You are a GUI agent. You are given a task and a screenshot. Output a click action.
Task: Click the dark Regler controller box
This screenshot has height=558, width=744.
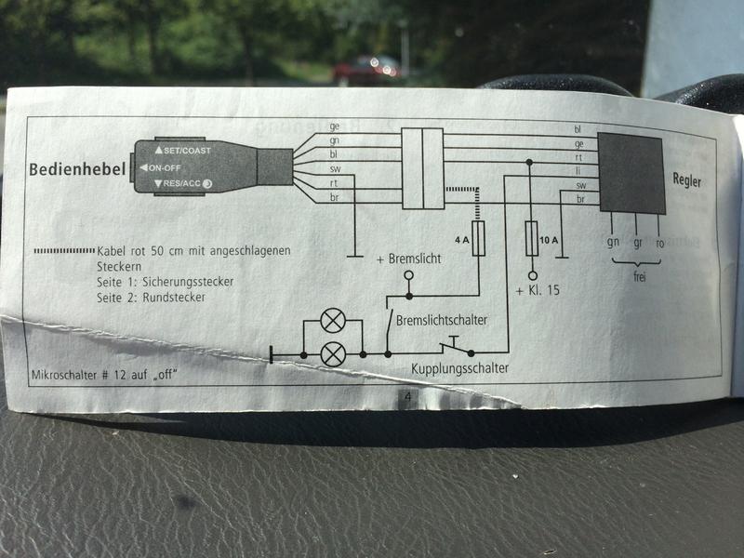coord(631,173)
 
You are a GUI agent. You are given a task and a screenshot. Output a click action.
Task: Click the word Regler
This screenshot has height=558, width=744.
coord(686,180)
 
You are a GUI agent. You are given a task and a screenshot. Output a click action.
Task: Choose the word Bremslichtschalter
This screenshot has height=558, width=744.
coord(441,320)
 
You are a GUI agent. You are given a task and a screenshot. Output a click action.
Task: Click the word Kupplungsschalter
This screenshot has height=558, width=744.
coord(459,369)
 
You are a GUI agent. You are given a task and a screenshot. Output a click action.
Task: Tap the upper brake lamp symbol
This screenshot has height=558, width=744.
coord(332,321)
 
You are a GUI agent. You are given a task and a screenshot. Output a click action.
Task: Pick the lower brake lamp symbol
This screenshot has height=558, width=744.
coord(332,354)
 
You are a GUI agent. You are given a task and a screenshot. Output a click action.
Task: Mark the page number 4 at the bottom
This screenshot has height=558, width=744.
coord(408,399)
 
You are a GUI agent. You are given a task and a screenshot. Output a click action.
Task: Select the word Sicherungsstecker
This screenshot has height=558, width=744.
coord(186,280)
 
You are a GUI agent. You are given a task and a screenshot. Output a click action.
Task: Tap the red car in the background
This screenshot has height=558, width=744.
coord(366,68)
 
